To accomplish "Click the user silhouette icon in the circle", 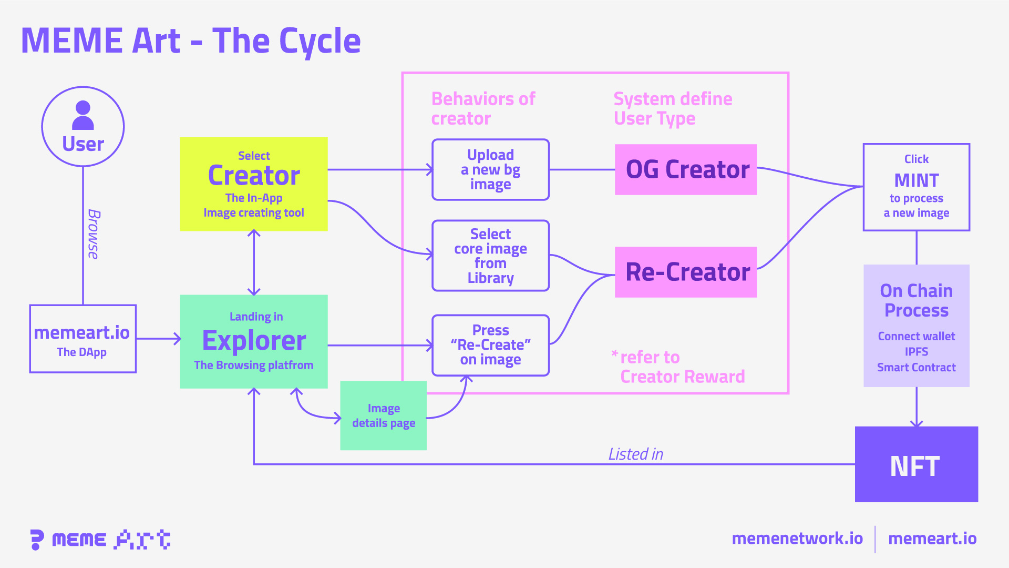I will point(83,115).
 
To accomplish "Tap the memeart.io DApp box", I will point(83,339).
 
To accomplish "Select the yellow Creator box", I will point(254,184).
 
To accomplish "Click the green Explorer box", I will point(254,341).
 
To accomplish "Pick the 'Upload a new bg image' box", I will point(490,169).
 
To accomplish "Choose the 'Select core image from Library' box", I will point(490,256).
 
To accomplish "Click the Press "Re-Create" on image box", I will point(490,345).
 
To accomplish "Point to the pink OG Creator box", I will point(685,169).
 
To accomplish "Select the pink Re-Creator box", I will point(685,272).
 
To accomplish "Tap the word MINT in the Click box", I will point(916,180).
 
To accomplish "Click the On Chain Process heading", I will point(916,300).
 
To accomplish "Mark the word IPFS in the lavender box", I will point(916,351).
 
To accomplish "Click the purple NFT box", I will point(916,464).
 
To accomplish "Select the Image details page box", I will point(383,415).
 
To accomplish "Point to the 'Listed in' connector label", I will point(635,454).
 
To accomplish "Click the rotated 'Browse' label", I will point(94,234).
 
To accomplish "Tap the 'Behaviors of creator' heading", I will point(483,108).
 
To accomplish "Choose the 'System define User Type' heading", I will point(673,108).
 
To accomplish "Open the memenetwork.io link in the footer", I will point(797,539).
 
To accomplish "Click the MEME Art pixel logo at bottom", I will point(100,540).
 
